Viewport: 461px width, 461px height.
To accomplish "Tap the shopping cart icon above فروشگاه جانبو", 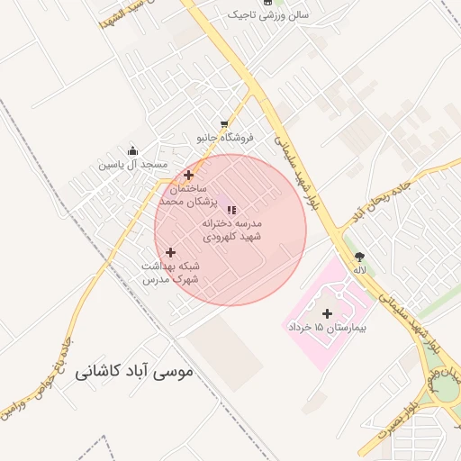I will point(224,124).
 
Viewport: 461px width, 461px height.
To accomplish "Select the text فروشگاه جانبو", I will point(226,138).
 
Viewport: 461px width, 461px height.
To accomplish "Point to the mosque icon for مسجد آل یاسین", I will point(133,151).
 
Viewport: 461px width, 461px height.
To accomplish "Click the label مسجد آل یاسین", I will point(134,165).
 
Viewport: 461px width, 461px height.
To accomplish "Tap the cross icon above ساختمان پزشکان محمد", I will point(188,176).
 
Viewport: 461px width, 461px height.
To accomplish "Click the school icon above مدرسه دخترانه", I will point(230,209).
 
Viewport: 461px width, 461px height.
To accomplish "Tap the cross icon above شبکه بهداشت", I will point(171,252).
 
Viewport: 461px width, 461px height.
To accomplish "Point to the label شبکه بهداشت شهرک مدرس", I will point(170,273).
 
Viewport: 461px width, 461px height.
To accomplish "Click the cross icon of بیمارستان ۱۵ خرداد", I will point(326,313).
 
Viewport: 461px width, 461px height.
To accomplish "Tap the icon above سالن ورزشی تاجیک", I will point(267,3).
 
